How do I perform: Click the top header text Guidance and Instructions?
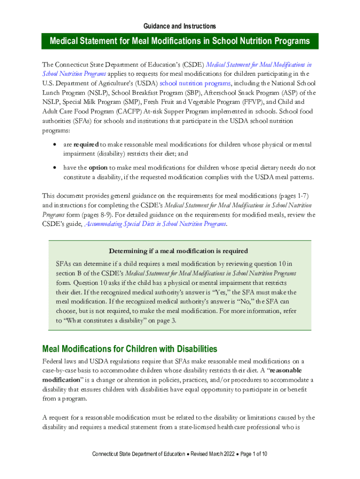click(x=180, y=26)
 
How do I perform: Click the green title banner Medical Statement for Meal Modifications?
click(x=180, y=41)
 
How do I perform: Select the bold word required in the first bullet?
click(x=86, y=145)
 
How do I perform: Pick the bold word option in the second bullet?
click(x=98, y=167)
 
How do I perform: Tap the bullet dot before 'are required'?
click(x=56, y=145)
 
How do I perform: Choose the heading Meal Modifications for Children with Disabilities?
click(x=130, y=349)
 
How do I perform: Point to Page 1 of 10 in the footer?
click(x=253, y=454)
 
